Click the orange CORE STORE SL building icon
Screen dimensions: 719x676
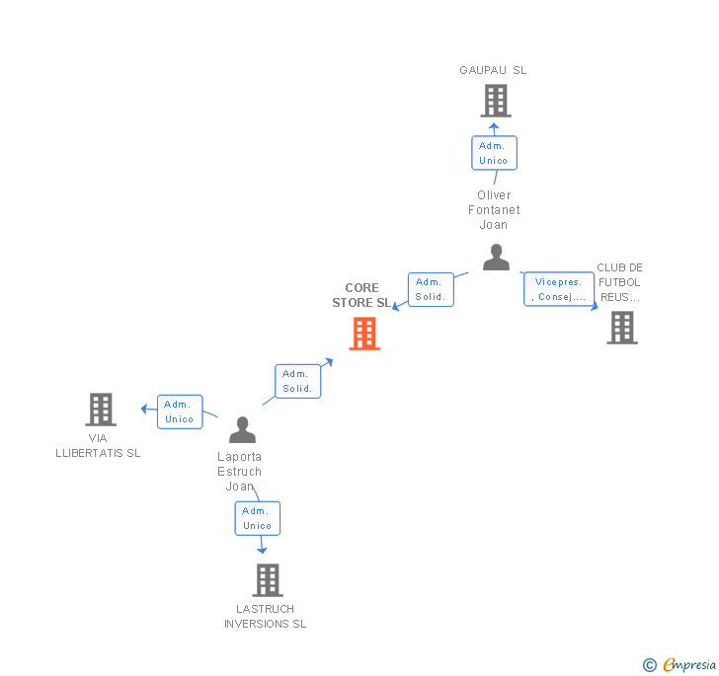pos(364,334)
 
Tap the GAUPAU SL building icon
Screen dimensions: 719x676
pos(495,101)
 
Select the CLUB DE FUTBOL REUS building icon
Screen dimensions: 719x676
pos(621,328)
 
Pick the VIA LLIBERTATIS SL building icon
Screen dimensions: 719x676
pos(101,409)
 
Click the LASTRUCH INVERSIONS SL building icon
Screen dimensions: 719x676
pos(268,580)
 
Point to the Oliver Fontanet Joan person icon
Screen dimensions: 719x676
pos(496,258)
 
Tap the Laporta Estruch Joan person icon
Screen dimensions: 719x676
pos(242,430)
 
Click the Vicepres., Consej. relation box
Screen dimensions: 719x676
pos(559,289)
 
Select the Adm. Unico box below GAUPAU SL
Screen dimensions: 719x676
pos(493,153)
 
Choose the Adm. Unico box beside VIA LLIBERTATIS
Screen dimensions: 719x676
pos(180,412)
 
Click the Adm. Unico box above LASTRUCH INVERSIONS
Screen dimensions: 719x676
pos(257,518)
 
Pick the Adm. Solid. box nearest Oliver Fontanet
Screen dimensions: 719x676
pos(431,289)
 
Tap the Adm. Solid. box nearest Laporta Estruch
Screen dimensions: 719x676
pos(297,381)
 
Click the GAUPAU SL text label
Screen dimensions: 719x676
pos(493,70)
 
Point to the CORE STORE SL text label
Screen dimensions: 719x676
pos(361,296)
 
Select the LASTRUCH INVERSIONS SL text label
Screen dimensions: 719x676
pos(265,616)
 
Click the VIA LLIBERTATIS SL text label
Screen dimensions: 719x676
pos(98,445)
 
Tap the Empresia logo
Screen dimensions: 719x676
pos(680,664)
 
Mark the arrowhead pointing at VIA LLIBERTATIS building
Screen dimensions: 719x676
pos(144,408)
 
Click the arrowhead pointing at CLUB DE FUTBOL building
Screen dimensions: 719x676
pos(596,306)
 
